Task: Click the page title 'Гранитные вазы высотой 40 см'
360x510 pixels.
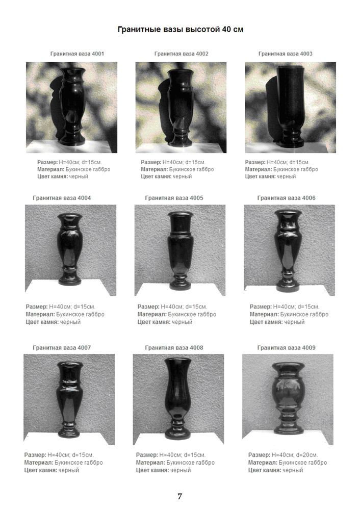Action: (180, 30)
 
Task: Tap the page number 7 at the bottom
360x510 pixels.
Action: (180, 496)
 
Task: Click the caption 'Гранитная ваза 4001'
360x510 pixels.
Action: (77, 54)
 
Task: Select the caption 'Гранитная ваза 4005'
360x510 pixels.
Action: (174, 198)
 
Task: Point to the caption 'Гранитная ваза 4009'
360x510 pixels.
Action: (286, 347)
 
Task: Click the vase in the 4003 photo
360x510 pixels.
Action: (291, 105)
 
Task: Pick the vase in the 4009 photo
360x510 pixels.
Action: (289, 398)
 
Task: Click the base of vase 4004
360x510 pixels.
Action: (69, 279)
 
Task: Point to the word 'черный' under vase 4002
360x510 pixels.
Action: (182, 176)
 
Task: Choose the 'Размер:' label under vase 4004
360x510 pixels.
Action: (36, 307)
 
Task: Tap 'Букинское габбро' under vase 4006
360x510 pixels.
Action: (304, 315)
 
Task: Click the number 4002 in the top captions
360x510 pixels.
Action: (202, 54)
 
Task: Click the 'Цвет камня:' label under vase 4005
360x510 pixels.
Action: (154, 322)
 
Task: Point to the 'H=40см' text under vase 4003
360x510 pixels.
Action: (277, 162)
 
